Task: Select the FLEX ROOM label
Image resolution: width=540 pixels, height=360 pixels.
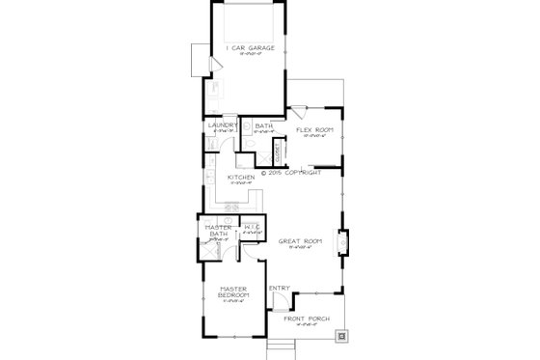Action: tap(314, 128)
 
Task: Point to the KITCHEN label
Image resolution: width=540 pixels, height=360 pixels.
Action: tap(240, 179)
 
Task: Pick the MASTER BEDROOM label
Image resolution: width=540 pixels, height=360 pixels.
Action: tap(233, 292)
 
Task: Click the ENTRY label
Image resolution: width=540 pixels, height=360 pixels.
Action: tap(280, 288)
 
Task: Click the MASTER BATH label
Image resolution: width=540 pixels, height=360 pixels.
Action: tap(217, 232)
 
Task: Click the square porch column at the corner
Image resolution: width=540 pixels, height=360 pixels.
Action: tap(341, 337)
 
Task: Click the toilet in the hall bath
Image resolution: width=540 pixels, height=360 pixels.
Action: tap(248, 144)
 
